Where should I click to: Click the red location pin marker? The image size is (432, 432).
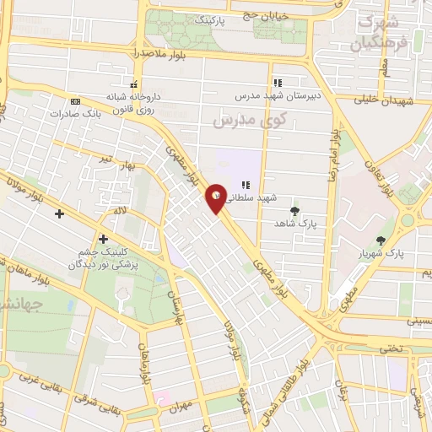(218, 197)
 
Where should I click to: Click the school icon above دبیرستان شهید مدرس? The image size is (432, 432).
(276, 83)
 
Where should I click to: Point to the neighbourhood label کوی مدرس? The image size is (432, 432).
(250, 121)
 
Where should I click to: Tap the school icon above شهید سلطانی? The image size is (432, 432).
(246, 185)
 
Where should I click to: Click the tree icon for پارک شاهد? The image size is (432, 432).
(294, 211)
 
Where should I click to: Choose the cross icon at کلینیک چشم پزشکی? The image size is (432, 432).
(104, 239)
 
